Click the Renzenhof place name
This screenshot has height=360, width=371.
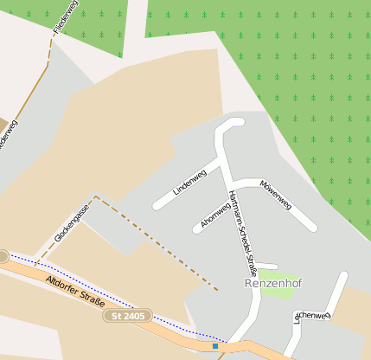tap(277, 283)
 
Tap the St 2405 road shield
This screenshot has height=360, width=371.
tap(128, 317)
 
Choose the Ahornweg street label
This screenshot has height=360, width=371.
tap(214, 214)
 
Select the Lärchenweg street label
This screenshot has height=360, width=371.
tap(312, 317)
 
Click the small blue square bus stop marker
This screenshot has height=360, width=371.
tap(214, 346)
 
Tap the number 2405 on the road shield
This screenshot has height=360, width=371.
tap(133, 317)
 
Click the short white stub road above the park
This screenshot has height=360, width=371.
tap(266, 266)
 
